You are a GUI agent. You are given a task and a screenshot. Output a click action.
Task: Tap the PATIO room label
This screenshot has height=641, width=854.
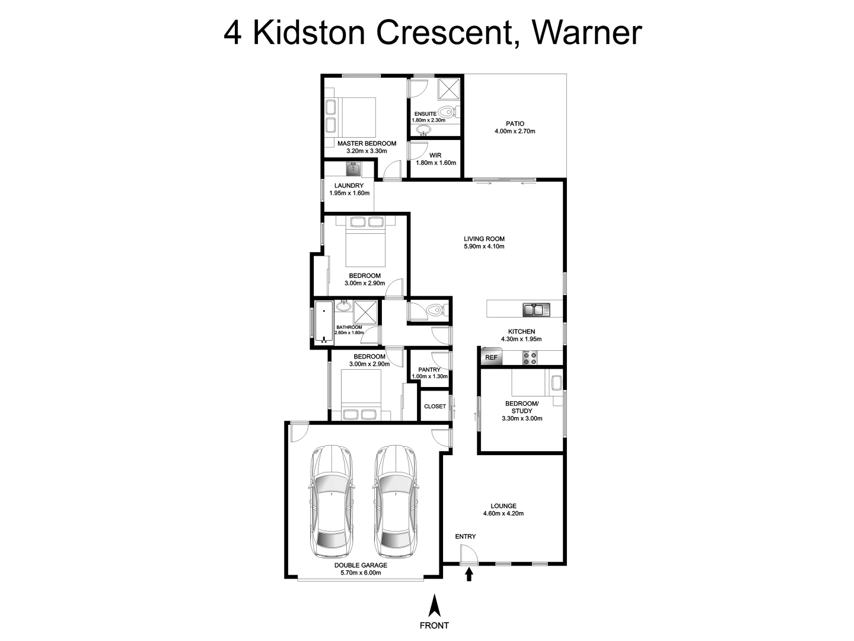click(515, 124)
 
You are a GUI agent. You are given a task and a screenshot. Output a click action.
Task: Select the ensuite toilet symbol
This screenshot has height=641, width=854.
click(449, 111)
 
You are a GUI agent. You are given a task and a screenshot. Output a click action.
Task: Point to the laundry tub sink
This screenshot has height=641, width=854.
click(354, 169)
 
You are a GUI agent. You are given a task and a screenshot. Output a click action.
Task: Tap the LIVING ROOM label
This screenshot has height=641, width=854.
click(484, 239)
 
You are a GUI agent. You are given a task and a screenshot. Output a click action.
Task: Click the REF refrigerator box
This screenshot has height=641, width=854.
click(492, 357)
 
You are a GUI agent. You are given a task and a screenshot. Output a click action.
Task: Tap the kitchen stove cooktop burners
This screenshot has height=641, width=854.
click(529, 358)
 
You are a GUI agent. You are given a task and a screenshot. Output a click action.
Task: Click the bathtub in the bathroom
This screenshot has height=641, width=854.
click(324, 323)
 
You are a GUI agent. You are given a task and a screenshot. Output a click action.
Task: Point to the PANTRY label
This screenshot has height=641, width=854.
click(429, 369)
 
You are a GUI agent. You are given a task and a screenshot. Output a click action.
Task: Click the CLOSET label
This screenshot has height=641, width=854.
click(435, 407)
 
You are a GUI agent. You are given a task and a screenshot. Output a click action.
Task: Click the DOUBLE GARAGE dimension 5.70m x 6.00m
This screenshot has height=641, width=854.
click(361, 573)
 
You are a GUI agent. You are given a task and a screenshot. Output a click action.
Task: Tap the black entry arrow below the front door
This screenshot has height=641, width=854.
click(469, 574)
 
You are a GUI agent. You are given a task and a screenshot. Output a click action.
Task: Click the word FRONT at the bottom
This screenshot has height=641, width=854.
click(434, 625)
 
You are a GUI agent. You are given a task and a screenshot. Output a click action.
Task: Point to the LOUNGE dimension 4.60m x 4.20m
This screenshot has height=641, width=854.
click(503, 513)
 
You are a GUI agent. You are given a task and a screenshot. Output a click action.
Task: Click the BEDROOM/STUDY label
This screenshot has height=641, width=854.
click(522, 407)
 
